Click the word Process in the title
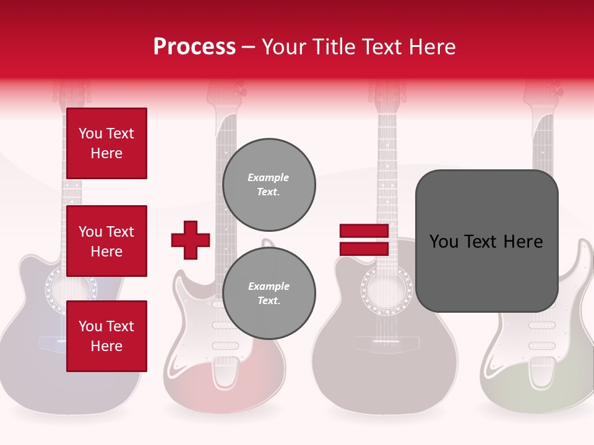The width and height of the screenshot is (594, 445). [194, 47]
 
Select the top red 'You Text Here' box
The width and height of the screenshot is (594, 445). [106, 143]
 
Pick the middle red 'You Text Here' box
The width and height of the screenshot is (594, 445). [106, 241]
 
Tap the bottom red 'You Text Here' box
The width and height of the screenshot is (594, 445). [106, 336]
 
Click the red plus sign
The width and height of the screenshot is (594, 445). [191, 240]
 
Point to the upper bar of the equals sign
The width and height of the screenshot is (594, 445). [364, 231]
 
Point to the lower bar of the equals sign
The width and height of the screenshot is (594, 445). [364, 248]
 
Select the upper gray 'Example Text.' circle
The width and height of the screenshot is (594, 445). [269, 185]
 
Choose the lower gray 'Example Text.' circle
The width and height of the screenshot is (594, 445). [269, 294]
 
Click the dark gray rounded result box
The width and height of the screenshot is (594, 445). [486, 241]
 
